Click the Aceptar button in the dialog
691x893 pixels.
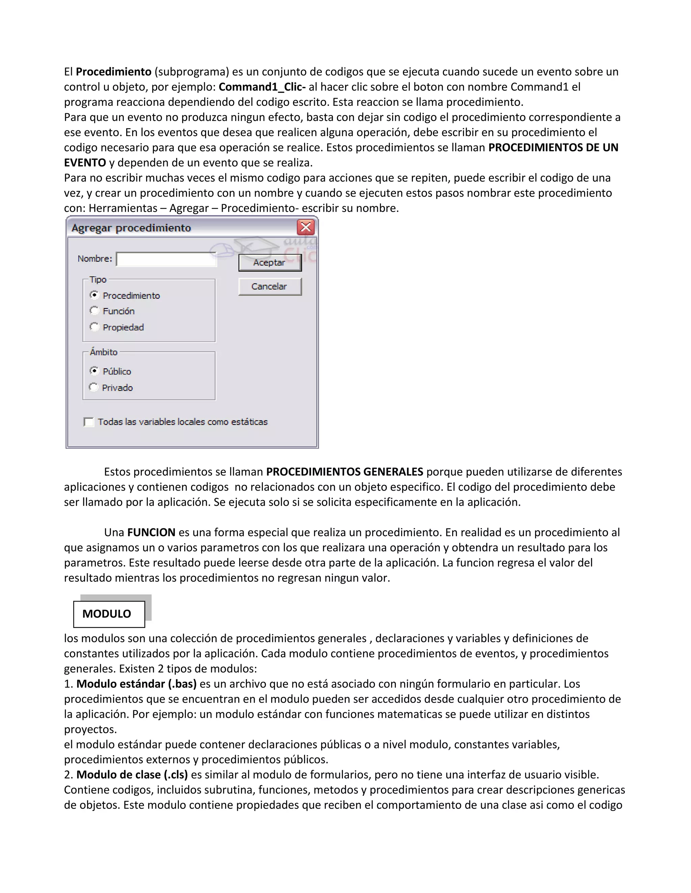point(270,263)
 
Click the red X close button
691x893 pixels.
point(306,227)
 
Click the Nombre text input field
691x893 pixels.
point(166,259)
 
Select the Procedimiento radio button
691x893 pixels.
point(94,295)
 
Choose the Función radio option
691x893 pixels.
point(94,311)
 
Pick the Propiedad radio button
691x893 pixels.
point(94,327)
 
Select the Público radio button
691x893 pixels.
point(94,371)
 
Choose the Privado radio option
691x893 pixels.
point(94,387)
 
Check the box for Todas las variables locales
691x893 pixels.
point(88,422)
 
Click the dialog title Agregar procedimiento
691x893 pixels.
point(131,228)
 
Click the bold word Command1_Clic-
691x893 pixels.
point(262,87)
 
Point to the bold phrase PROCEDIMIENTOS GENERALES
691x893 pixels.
point(344,472)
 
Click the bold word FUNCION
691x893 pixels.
point(151,532)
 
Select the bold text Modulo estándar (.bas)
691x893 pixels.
point(136,684)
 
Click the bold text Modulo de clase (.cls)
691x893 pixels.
point(132,774)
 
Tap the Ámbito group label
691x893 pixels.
point(104,352)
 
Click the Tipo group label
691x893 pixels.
point(98,280)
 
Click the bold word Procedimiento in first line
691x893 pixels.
point(113,71)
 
